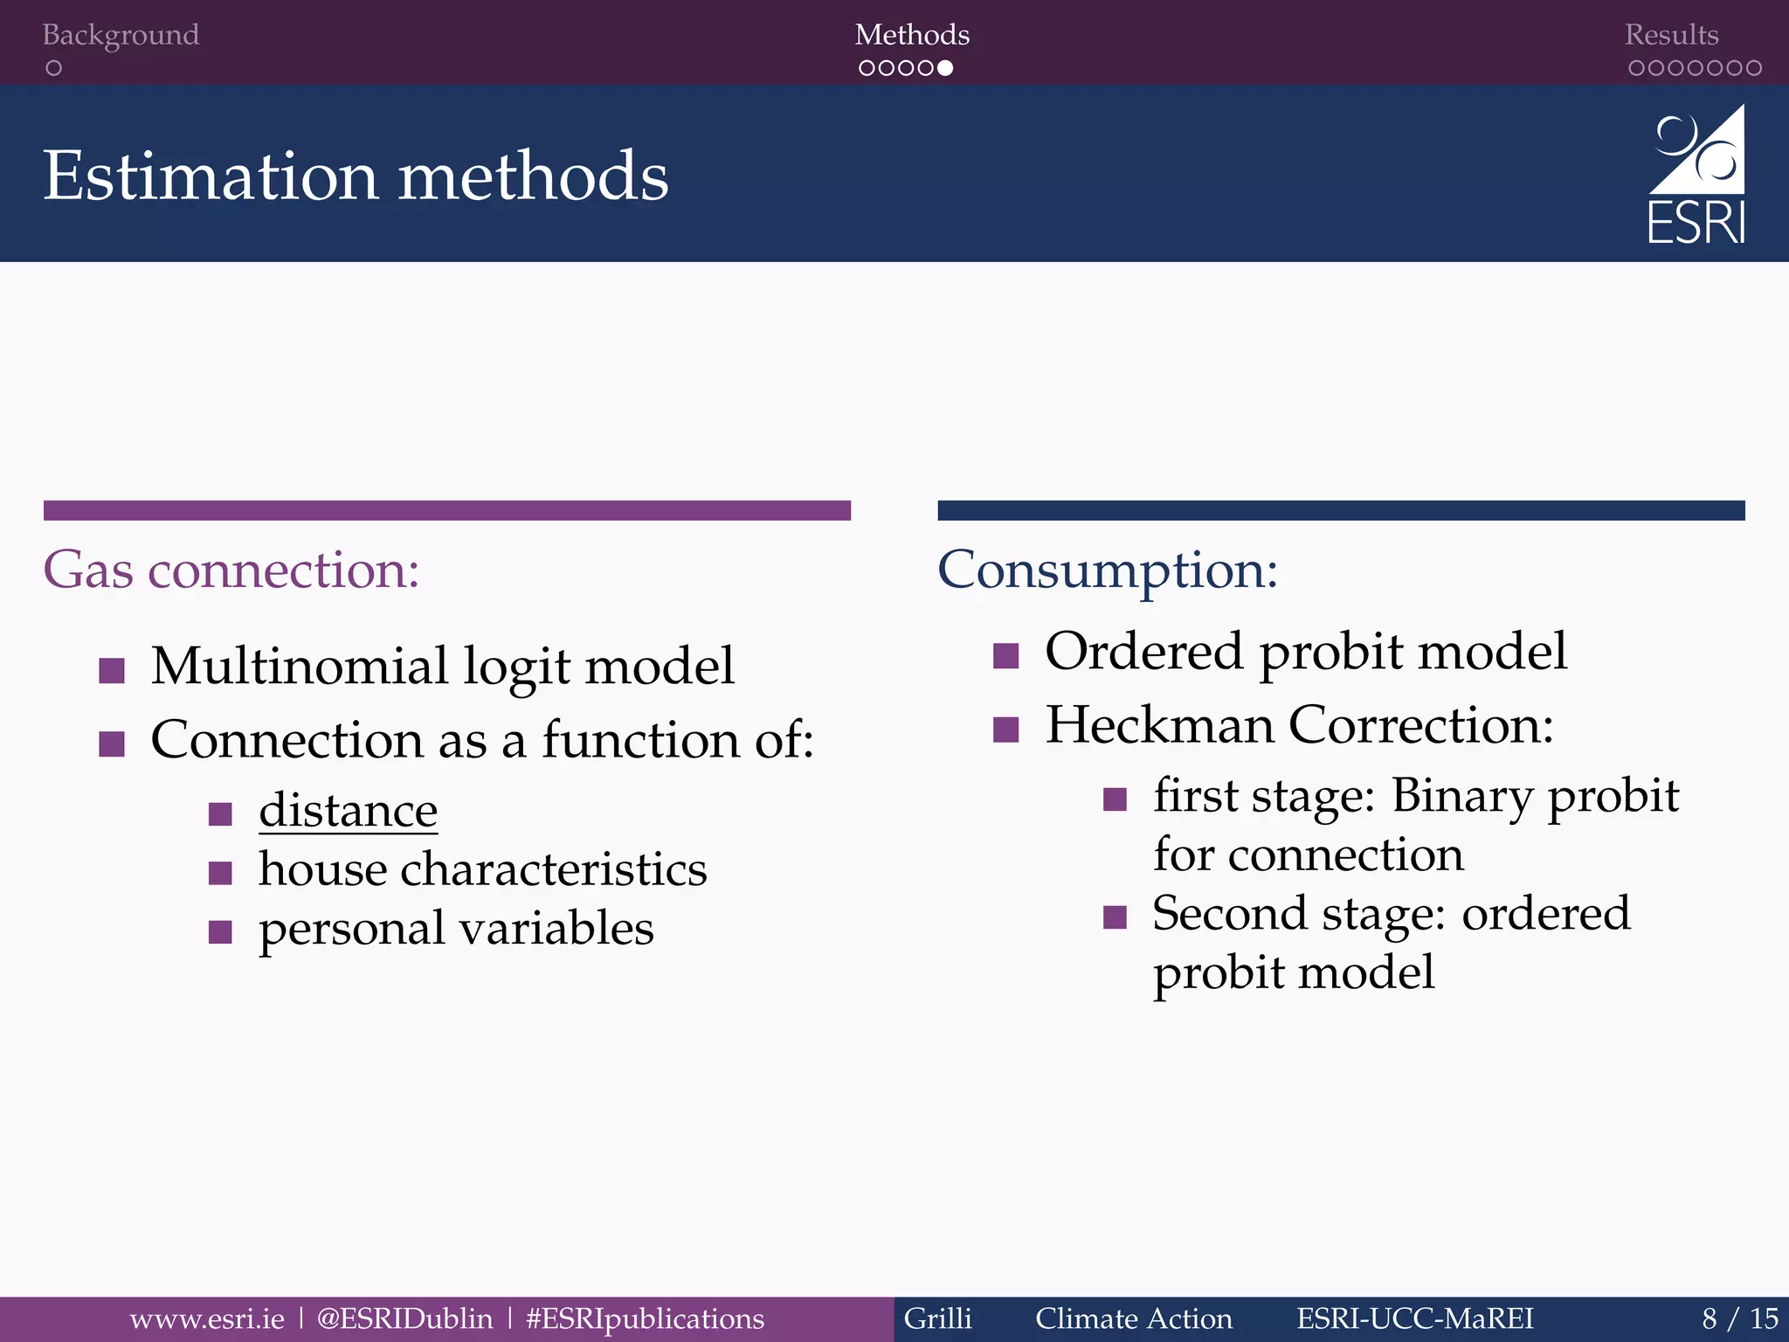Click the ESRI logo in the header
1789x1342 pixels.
pos(1696,175)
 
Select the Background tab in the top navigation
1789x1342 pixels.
pos(121,35)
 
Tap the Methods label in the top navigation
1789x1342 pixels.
pos(912,35)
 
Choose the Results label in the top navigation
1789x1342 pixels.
pos(1671,35)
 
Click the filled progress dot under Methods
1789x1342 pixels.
pos(945,68)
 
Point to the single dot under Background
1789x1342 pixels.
pos(54,68)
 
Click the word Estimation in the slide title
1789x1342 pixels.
pos(210,176)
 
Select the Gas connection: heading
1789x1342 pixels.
pos(231,570)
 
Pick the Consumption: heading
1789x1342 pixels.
pos(1108,570)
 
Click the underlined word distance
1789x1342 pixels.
pos(348,811)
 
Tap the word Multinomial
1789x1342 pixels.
pos(299,666)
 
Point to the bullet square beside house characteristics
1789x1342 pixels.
pos(220,873)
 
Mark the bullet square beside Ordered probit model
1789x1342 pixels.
pos(1006,656)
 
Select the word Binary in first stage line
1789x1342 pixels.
pos(1461,796)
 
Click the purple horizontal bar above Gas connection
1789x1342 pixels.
pos(447,510)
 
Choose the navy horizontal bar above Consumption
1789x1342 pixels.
pos(1341,510)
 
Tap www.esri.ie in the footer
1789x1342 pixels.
pos(207,1318)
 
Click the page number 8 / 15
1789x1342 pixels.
pos(1739,1318)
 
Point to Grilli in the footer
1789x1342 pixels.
pos(937,1318)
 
